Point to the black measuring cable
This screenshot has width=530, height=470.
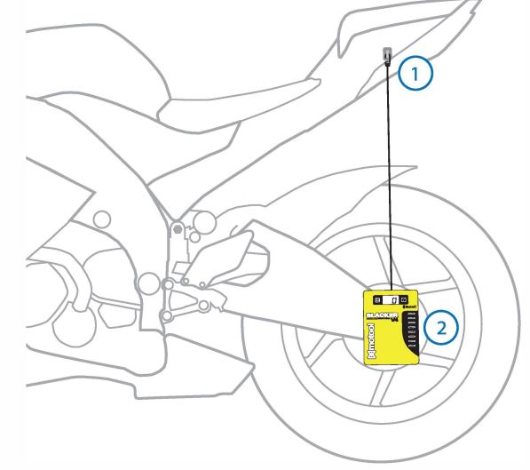pos(389,178)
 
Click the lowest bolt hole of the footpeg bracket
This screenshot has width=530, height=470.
pos(165,315)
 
